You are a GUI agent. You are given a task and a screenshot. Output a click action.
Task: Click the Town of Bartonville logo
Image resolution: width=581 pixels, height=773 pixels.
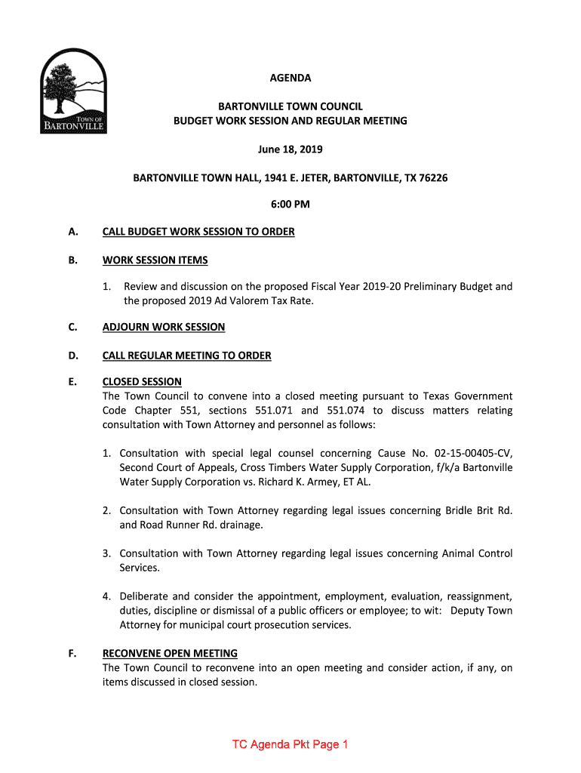(73, 91)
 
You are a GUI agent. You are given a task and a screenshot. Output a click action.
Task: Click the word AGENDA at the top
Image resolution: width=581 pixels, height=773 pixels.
(290, 78)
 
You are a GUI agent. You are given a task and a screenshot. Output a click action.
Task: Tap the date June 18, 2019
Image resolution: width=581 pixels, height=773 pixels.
(290, 149)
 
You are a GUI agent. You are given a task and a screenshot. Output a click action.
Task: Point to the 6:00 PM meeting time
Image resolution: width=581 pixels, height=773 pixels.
(290, 204)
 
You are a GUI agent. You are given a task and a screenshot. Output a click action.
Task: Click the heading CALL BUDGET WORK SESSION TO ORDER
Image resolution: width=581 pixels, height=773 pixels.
(198, 232)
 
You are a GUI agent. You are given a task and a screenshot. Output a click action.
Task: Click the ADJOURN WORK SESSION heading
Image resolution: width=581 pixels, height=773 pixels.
(164, 327)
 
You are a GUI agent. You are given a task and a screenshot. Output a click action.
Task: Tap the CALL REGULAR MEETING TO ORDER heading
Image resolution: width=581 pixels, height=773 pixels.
(186, 356)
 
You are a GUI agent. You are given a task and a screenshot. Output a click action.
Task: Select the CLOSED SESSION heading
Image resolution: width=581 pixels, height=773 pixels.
(142, 382)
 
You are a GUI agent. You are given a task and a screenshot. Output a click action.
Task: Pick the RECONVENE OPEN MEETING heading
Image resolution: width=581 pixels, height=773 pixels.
(170, 654)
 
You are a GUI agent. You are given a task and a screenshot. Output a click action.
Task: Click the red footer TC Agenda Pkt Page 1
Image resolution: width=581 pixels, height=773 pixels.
(290, 745)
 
